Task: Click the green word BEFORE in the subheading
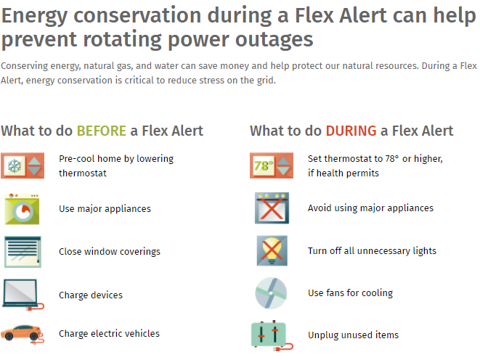coord(102,131)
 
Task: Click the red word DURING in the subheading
coord(351,131)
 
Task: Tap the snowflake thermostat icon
coord(23,165)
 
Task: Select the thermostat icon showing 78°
coord(272,165)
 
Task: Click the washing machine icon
coord(22,209)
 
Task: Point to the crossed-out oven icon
coord(272,208)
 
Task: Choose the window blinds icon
coord(23,252)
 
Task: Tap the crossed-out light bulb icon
coord(272,251)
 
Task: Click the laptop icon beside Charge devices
coord(23,295)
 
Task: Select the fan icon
coord(271,293)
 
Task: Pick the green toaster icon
coord(272,335)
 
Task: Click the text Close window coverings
coord(110,251)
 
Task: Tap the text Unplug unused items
coord(353,335)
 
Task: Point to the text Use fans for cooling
coord(350,292)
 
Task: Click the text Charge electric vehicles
coord(109,333)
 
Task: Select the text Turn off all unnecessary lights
coord(372,251)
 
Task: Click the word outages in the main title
coord(274,39)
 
